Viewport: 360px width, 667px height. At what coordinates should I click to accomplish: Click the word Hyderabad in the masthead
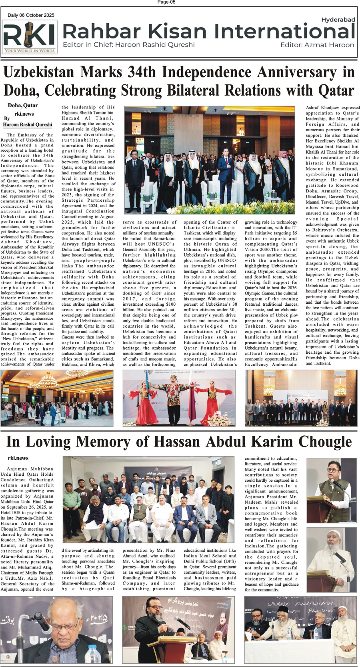338,19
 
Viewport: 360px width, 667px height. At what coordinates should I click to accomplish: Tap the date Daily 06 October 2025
31,15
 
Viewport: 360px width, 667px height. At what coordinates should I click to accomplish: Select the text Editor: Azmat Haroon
317,45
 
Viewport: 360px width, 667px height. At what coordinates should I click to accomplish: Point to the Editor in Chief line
129,44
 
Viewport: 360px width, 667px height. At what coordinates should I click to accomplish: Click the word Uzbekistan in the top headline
39,72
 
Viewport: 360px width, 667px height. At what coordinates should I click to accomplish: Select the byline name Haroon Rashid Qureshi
28,124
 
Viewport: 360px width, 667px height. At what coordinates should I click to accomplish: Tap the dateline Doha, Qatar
23,106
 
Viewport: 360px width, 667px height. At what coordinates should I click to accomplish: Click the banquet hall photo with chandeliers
56,398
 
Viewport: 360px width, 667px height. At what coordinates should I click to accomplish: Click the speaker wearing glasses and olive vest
332,488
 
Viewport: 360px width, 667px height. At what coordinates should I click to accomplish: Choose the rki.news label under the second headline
18,458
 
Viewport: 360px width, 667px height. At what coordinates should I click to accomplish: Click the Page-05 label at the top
166,2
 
